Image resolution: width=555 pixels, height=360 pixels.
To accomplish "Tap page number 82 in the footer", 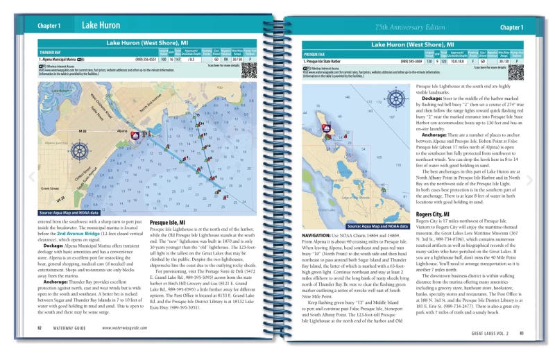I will [x=40, y=327].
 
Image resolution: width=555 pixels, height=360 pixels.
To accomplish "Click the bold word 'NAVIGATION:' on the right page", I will [x=319, y=236].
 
